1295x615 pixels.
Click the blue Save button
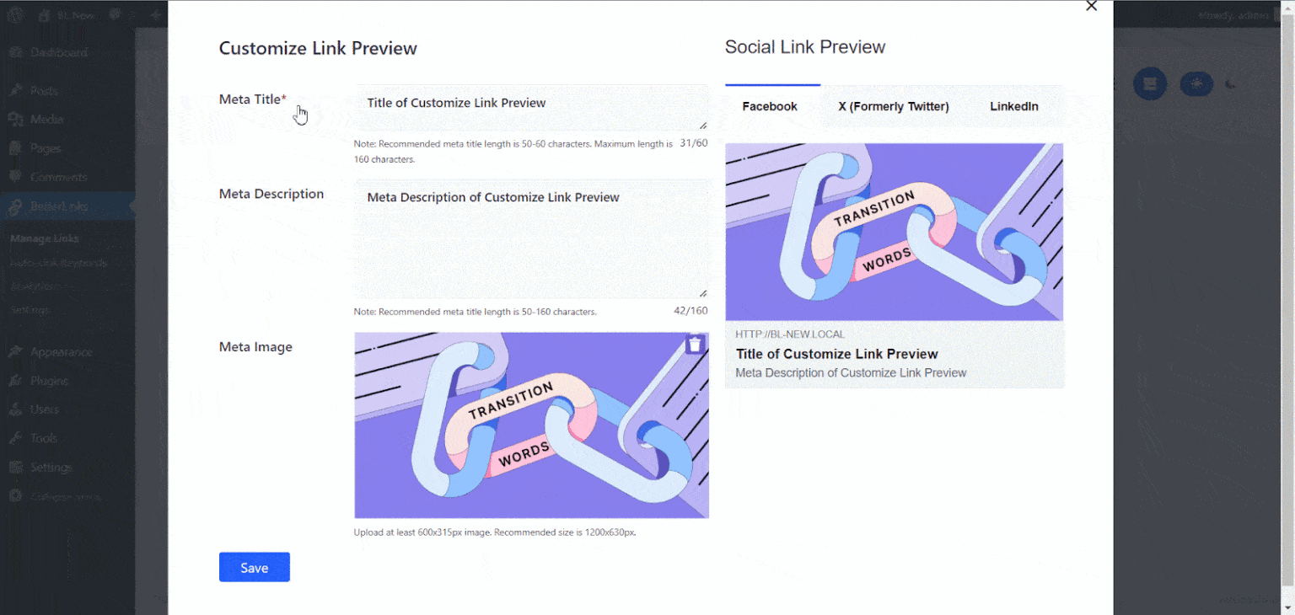coord(254,568)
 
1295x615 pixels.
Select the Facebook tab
coord(770,106)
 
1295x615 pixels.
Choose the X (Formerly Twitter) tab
coord(894,106)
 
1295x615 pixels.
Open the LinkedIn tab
coord(1013,106)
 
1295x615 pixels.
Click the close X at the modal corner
coord(1091,6)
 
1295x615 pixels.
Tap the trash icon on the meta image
coord(695,345)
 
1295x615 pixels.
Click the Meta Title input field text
coord(456,103)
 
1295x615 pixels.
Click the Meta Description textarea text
coord(493,197)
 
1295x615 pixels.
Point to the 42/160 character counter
coord(690,311)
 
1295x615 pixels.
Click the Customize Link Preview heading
coord(318,48)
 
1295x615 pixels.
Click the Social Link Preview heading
coord(804,47)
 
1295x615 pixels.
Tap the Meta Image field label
coord(255,346)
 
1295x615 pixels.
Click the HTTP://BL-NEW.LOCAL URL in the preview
coord(790,334)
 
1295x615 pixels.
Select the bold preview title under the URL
coord(836,354)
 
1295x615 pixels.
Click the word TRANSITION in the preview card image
coord(874,210)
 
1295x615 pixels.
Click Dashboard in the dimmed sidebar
coord(58,52)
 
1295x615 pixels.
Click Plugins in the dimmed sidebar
coord(49,381)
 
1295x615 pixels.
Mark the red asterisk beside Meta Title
coord(284,99)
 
